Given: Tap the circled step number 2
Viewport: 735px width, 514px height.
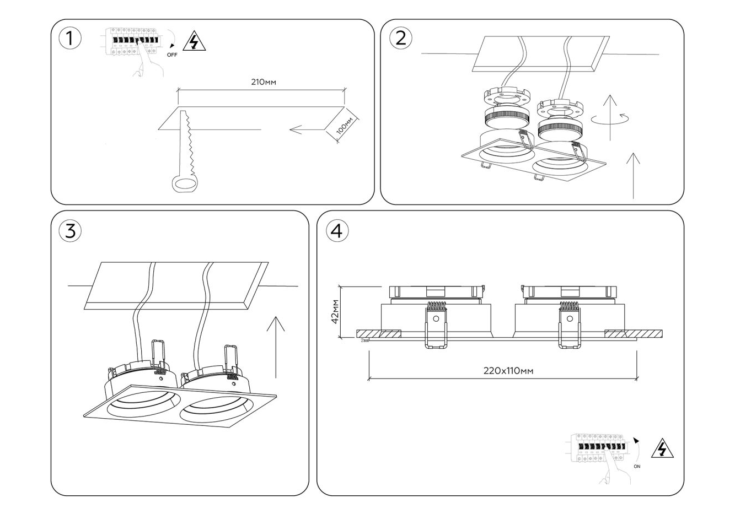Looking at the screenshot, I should click(400, 37).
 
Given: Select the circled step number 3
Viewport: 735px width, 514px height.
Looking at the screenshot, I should click(69, 231).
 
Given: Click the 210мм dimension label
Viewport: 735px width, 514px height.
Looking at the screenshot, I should click(263, 82).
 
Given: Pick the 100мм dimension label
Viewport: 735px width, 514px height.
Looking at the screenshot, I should click(345, 128).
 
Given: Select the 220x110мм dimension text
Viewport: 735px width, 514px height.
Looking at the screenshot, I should click(508, 371).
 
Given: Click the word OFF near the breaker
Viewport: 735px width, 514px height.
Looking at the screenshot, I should click(172, 55).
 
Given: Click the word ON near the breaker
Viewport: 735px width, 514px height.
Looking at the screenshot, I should click(637, 466).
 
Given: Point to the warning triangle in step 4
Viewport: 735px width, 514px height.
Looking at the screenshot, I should click(662, 450).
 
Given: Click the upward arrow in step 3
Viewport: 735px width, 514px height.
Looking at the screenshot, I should click(276, 347).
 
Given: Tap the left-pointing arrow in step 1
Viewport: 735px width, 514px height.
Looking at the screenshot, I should click(305, 131).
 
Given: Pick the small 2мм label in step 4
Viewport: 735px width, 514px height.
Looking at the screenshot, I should click(364, 340).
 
